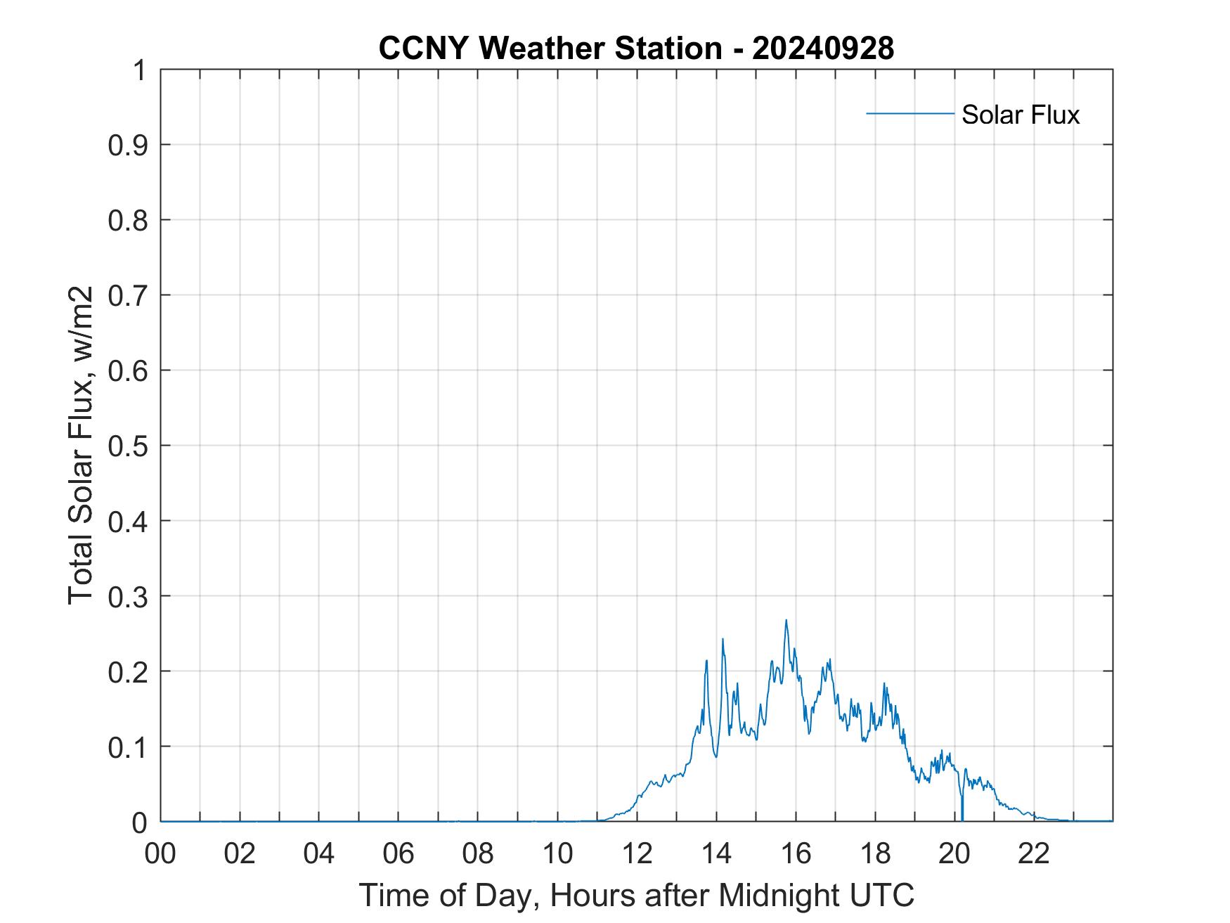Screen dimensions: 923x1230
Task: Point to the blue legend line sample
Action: tap(909, 113)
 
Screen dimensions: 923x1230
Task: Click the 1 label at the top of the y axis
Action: tap(140, 70)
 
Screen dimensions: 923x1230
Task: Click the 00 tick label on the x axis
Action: tap(161, 853)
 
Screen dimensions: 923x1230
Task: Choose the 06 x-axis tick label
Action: tap(399, 853)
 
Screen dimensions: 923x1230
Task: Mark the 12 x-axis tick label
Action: tap(637, 853)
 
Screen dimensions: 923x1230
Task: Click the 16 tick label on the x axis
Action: tap(796, 853)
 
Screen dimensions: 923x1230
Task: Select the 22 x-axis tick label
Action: tap(1034, 853)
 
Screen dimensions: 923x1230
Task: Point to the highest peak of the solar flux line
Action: tap(786, 620)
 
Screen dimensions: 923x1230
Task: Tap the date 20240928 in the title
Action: tap(822, 49)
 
